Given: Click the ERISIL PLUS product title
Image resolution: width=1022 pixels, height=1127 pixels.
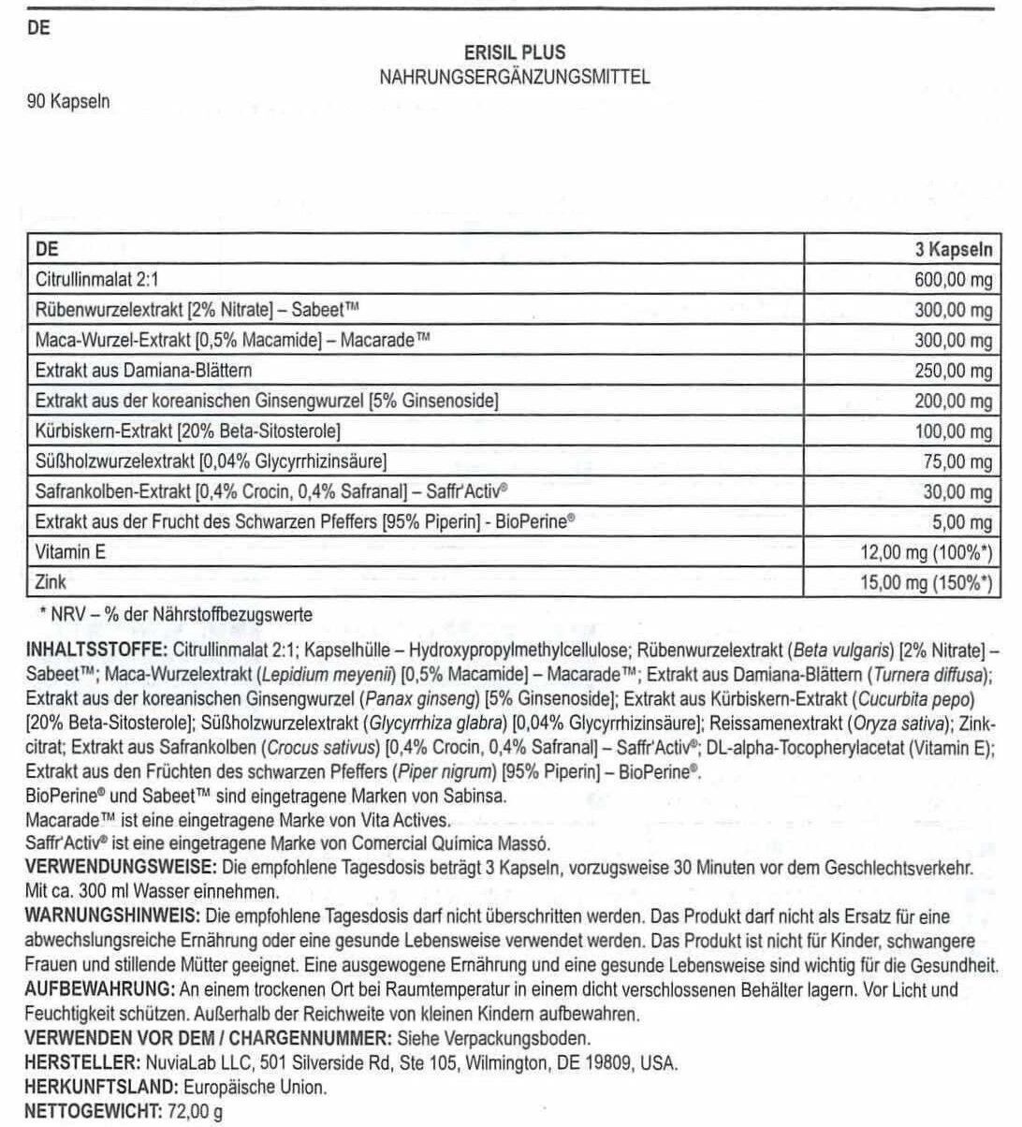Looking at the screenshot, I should (x=514, y=53).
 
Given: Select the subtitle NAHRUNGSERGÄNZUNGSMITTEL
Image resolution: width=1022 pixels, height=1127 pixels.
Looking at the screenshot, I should (x=514, y=78).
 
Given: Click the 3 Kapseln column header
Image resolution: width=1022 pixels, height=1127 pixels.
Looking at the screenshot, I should (x=953, y=250).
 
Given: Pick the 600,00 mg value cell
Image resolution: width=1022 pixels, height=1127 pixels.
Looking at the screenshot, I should (x=953, y=280).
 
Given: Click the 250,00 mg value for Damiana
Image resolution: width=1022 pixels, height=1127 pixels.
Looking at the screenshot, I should (x=953, y=371).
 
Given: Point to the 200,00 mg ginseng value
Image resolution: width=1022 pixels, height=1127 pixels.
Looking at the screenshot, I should (x=953, y=401).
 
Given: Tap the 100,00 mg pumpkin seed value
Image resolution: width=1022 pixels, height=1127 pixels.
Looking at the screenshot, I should (x=953, y=432).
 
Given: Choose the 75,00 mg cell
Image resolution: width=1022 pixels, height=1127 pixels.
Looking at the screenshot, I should (x=957, y=461).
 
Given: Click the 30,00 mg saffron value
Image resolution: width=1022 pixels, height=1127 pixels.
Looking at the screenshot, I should (x=957, y=491).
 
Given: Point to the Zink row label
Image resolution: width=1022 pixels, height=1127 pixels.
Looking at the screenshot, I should (x=51, y=582).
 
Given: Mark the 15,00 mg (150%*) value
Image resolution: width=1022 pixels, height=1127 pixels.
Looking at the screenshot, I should (x=926, y=582).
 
